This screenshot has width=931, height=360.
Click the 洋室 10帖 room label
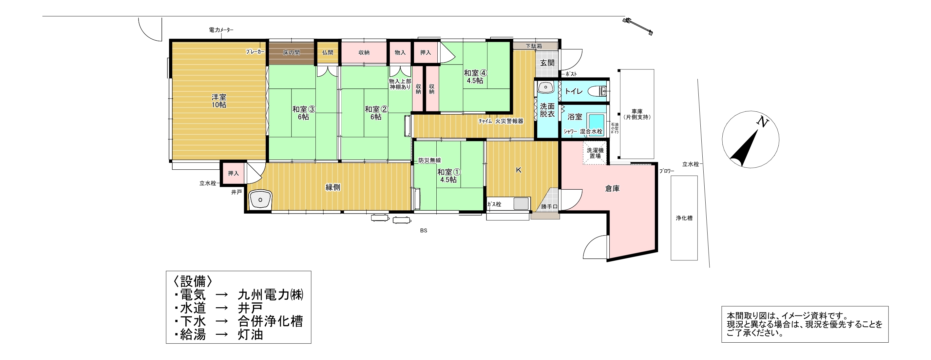point(219,101)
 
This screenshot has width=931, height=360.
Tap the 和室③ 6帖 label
point(304,113)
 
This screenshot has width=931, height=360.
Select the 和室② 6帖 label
point(376,113)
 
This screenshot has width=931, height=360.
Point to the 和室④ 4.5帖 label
point(475,77)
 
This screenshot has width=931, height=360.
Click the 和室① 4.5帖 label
point(448,176)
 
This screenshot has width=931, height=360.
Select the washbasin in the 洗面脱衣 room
point(546,87)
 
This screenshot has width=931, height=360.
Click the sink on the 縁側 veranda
point(260,199)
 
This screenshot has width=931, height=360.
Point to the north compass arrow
point(744,148)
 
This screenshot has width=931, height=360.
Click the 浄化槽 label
point(684,218)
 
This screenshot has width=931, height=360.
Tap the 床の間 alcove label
point(291,52)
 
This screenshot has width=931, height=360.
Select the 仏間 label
point(328,52)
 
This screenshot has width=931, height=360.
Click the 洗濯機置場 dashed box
point(595,153)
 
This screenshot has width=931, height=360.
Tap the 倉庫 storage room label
point(612,188)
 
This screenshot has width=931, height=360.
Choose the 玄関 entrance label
point(547,63)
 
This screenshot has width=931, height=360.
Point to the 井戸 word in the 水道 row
point(250,308)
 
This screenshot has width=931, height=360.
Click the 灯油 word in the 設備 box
point(250,334)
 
